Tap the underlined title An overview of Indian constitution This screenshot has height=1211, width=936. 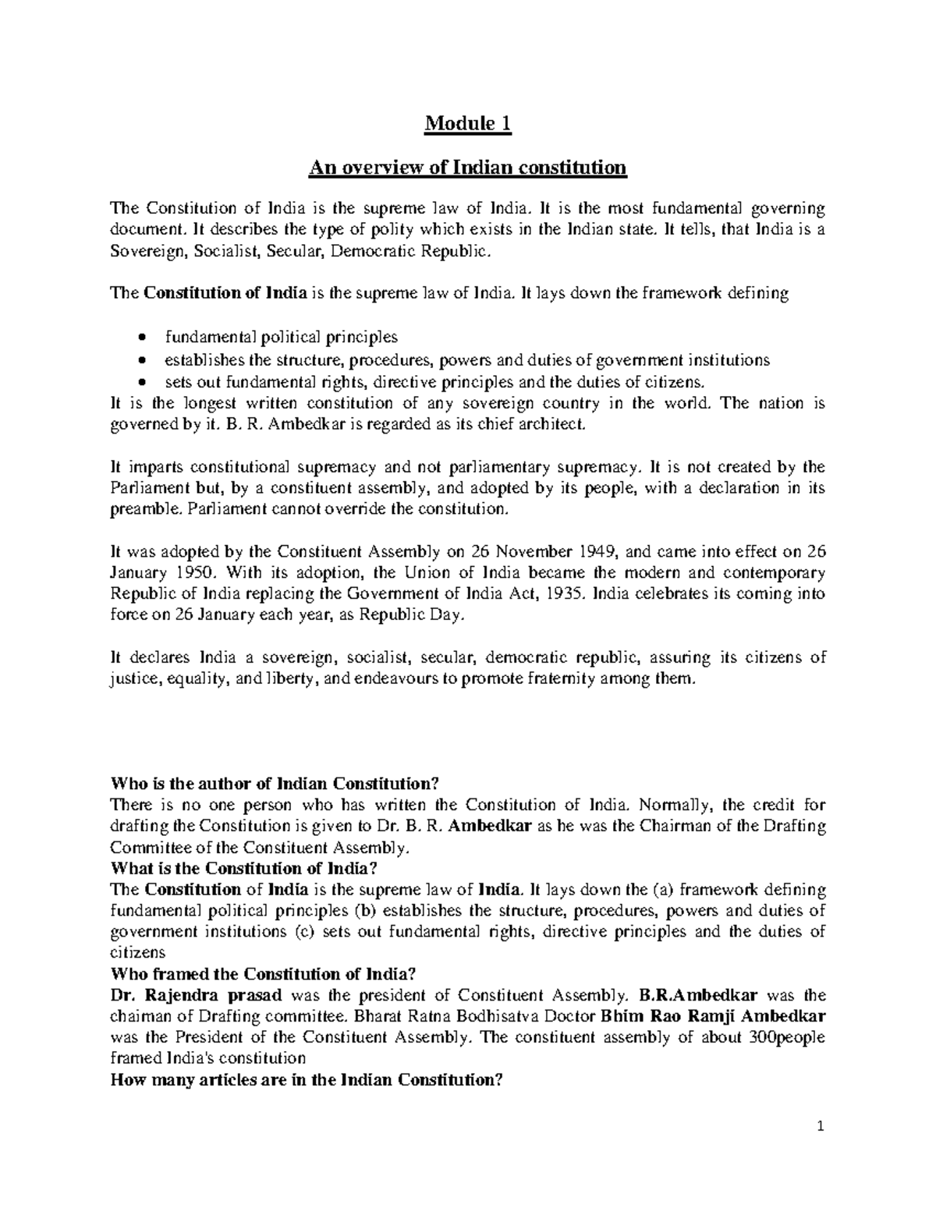(468, 168)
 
